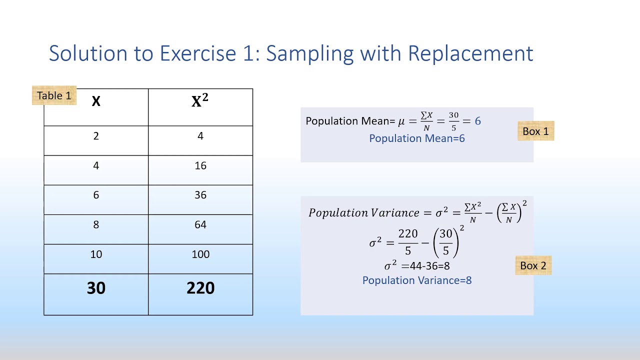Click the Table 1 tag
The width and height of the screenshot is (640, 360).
(54, 95)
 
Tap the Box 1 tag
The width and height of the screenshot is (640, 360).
(535, 131)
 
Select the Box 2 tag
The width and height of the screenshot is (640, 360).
(533, 265)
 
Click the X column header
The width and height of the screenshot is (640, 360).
(96, 102)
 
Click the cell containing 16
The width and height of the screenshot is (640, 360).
(200, 165)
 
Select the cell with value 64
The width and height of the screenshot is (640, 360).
(200, 224)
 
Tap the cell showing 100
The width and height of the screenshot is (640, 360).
(200, 254)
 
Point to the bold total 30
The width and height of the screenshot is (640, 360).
(96, 288)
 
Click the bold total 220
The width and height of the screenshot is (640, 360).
(200, 288)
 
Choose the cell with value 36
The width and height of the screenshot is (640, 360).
(200, 195)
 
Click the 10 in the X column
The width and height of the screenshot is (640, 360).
(96, 254)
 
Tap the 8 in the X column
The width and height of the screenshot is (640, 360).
(96, 224)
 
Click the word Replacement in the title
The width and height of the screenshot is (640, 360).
(470, 53)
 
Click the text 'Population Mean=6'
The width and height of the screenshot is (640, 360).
(417, 138)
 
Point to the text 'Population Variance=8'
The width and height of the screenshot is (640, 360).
(417, 280)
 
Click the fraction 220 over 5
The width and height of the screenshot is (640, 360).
(408, 242)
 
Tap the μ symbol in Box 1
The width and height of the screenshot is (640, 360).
(401, 121)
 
